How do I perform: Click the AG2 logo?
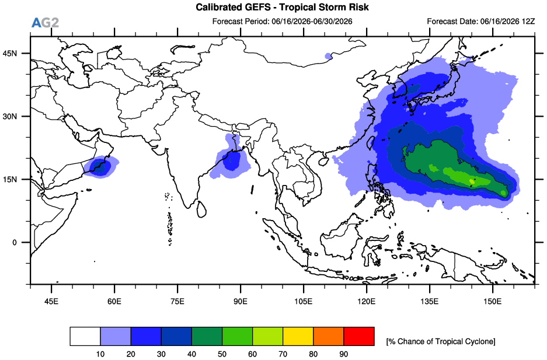[x=45, y=23]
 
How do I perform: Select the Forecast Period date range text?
[x=312, y=21]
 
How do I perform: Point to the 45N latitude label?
[x=10, y=53]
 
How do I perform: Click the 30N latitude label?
[x=10, y=116]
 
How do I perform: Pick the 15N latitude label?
[x=10, y=180]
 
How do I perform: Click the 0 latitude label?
[x=15, y=243]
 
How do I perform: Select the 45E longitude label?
[x=51, y=301]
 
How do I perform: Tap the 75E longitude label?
[x=177, y=301]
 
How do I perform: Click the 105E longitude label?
[x=303, y=301]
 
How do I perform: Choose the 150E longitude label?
[x=493, y=301]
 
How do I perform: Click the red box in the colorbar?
[x=359, y=336]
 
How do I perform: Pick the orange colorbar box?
[x=329, y=336]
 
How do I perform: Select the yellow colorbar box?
[x=298, y=336]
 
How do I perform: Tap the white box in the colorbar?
[x=85, y=336]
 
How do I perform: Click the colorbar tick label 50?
[x=222, y=354]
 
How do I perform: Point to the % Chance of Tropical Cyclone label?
[x=441, y=341]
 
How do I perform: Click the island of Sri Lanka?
[x=201, y=209]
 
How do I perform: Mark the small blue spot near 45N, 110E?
[x=328, y=56]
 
